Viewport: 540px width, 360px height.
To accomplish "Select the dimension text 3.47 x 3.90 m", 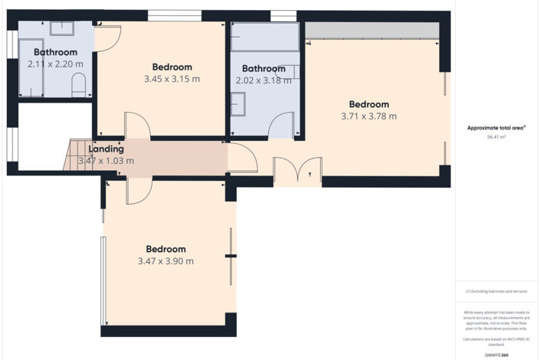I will tap(165, 261).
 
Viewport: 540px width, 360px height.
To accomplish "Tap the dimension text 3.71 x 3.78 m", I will tap(369, 116).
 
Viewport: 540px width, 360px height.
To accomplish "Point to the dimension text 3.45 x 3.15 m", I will tap(172, 79).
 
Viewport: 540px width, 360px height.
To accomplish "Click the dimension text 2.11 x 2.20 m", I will tap(55, 64).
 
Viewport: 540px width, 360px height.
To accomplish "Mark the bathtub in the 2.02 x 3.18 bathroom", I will tap(265, 38).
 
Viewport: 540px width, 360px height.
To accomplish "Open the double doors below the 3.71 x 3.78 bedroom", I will tap(297, 172).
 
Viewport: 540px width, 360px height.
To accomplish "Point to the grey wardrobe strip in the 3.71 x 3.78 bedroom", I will tap(372, 31).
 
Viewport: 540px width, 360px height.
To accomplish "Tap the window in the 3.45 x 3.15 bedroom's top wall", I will tap(175, 15).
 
